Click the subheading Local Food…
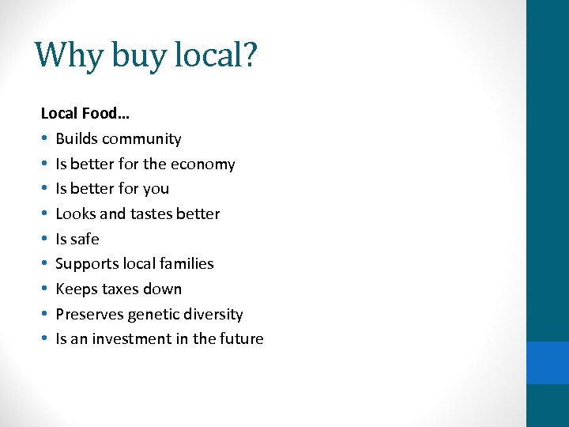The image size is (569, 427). [85, 113]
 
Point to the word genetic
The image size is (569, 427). [159, 315]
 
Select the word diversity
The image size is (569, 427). [215, 314]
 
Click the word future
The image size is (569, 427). [241, 339]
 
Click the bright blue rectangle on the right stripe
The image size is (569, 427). [548, 362]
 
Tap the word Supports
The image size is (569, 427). [85, 264]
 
